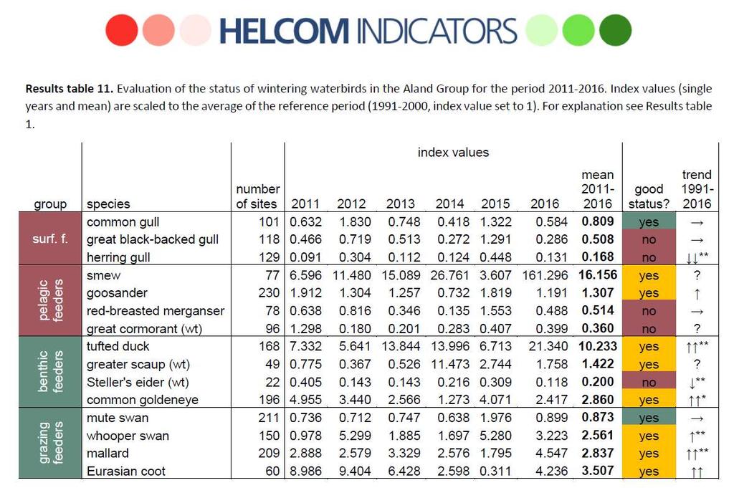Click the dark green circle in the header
[x=615, y=30]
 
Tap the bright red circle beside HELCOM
[x=122, y=30]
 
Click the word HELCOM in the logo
[x=284, y=31]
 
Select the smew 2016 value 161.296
[x=545, y=275]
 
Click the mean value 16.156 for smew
[x=598, y=274]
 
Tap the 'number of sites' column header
[x=257, y=196]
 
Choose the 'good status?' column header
[x=649, y=196]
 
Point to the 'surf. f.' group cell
[x=50, y=239]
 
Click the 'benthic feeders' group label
[x=50, y=372]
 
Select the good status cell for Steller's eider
[x=649, y=382]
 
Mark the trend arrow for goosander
[x=697, y=294]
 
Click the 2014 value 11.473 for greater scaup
[x=450, y=365]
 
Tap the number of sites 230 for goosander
[x=269, y=293]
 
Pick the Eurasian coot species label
[x=126, y=471]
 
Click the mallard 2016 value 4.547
[x=551, y=454]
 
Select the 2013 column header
[x=400, y=204]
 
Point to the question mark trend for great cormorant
[x=697, y=328]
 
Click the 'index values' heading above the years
[x=453, y=153]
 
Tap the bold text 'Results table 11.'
[x=70, y=88]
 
